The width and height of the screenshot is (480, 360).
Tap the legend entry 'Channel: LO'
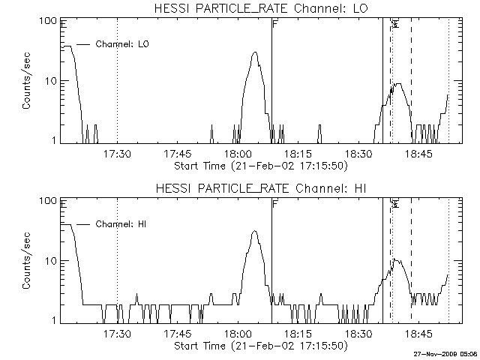coord(124,44)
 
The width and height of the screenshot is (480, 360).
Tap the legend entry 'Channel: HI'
coord(124,224)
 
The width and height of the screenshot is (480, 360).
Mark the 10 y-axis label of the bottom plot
coord(52,261)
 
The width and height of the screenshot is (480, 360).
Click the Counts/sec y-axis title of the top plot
coord(26,80)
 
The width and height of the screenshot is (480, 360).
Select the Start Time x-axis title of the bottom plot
coord(259,346)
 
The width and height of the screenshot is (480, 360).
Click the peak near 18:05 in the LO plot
coord(255,53)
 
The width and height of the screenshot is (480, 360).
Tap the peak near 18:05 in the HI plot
coord(254,232)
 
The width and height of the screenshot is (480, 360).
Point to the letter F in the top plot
coord(275,25)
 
